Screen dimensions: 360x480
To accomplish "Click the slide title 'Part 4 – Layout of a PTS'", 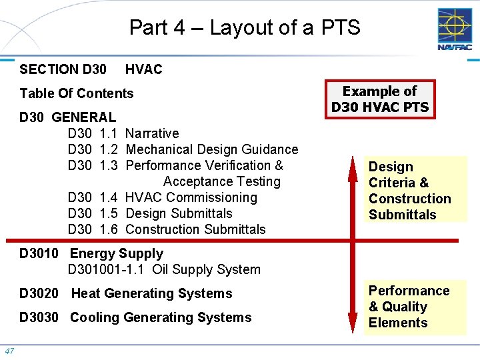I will tap(244, 28).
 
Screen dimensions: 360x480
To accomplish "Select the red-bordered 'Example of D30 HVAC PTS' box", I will tap(380, 99).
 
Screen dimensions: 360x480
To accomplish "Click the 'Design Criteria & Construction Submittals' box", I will tap(410, 191).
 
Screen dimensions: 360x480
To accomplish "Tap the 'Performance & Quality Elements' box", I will tap(409, 307).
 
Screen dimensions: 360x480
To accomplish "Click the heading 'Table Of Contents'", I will tap(77, 93).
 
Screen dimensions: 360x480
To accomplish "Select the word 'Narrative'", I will tap(152, 133).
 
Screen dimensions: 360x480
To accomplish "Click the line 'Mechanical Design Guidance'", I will tap(211, 149).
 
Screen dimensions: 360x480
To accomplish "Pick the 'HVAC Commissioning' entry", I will tap(191, 197).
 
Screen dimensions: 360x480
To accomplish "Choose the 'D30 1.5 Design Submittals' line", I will tap(150, 213).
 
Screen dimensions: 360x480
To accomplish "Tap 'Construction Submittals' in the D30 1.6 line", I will tap(195, 229).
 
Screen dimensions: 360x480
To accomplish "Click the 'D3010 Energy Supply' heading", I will tap(91, 253).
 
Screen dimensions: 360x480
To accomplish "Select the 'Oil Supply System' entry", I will tap(206, 269).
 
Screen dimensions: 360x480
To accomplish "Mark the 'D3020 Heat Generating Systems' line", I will tap(126, 293).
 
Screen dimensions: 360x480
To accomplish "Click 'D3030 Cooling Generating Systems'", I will tap(135, 317).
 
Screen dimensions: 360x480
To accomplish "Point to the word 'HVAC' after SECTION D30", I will tap(143, 69).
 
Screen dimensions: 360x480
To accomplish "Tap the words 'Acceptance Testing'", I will tap(222, 181).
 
